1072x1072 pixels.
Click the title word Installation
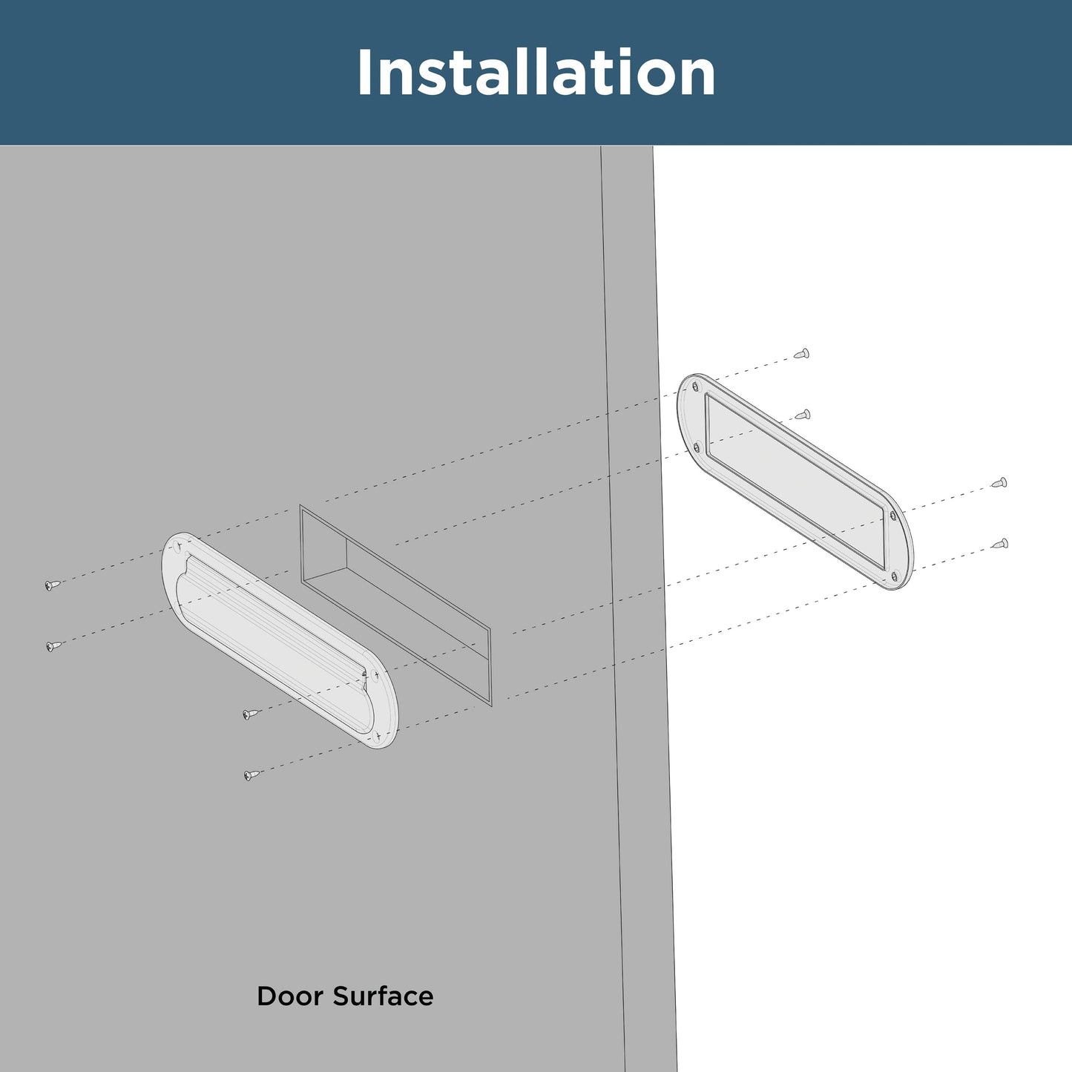[x=536, y=73]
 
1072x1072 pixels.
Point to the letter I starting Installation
[x=364, y=73]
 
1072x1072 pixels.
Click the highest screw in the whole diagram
[x=801, y=354]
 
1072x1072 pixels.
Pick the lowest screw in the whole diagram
[x=252, y=775]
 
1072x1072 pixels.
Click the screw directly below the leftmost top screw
[x=53, y=646]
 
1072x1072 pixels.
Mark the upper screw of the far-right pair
[x=999, y=483]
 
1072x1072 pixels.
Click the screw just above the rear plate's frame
[x=802, y=414]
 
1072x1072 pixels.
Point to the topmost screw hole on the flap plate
[x=178, y=547]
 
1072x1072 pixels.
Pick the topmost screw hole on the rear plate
[x=695, y=387]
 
